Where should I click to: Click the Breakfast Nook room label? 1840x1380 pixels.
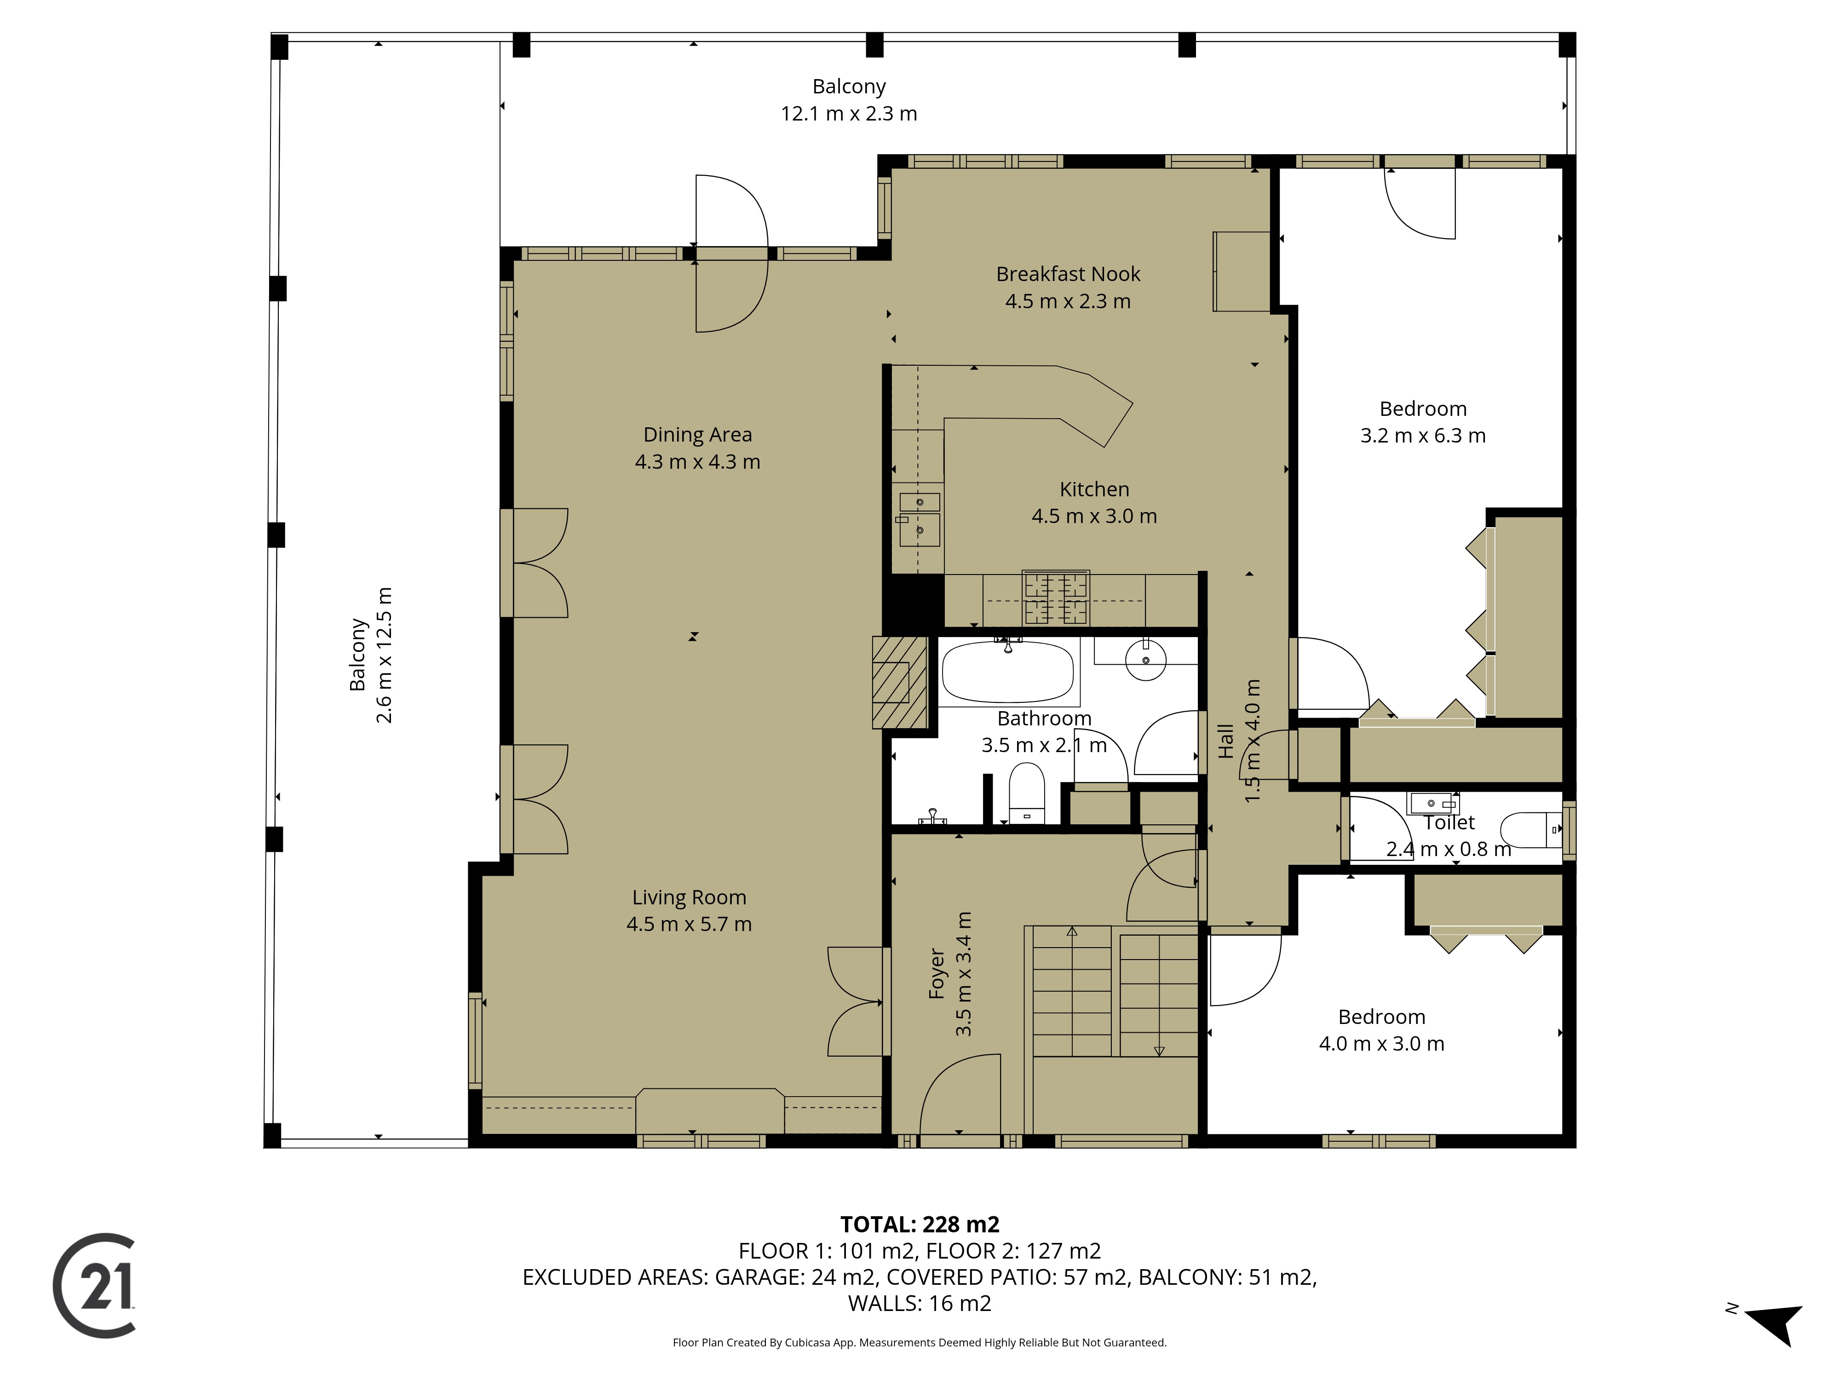pos(1068,274)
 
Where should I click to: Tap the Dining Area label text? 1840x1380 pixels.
pos(697,434)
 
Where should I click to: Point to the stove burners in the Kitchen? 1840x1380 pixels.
pos(1057,597)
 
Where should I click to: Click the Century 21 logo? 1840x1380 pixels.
pos(94,1285)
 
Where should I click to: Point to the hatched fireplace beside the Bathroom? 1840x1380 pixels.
pos(899,682)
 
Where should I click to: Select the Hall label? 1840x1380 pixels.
pos(1225,741)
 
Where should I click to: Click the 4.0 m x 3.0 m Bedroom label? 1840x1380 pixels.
pos(1382,1044)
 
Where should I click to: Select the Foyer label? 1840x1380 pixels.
pos(937,973)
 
